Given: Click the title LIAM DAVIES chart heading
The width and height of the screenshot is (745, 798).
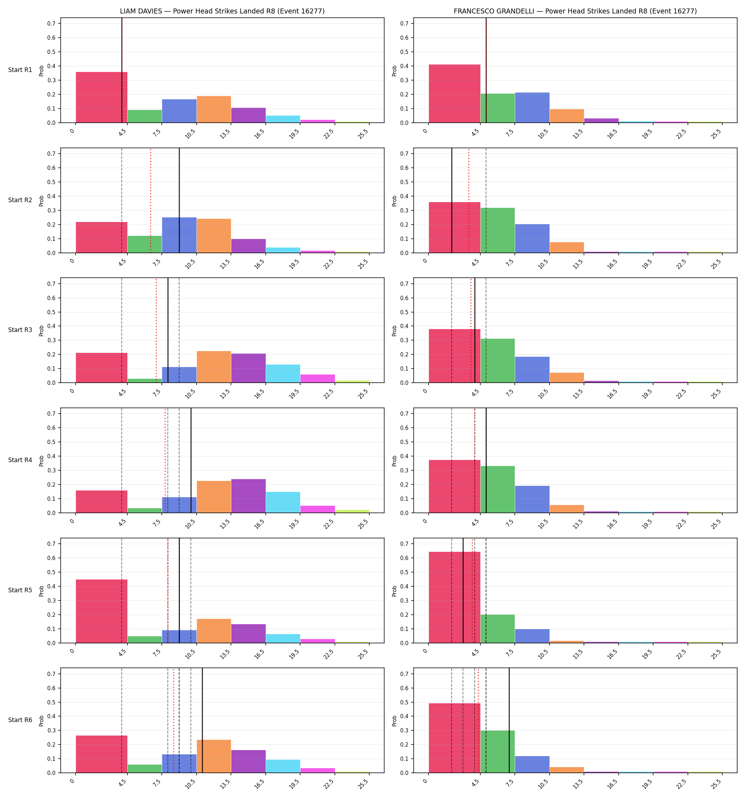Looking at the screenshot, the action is point(222,11).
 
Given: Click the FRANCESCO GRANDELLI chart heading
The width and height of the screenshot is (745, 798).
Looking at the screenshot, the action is point(575,11).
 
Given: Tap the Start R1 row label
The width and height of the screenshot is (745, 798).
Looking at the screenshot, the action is point(20,70).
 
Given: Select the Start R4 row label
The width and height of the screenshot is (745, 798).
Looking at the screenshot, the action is point(20,460).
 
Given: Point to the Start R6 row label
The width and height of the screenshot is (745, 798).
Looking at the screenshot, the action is point(20,720).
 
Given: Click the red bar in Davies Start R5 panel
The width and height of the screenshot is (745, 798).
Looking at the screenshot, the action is point(101,611).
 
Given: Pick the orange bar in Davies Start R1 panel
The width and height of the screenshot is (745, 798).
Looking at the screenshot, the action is point(214,109).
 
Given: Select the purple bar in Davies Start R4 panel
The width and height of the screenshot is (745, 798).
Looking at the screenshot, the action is point(248,496).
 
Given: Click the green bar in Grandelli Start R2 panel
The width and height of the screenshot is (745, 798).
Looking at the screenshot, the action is point(498,231).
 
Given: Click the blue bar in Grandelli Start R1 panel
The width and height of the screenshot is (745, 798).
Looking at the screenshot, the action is point(532,107).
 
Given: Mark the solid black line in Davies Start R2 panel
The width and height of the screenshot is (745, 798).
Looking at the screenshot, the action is point(179,200).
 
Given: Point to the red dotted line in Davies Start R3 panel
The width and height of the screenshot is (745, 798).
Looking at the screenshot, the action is point(156,330).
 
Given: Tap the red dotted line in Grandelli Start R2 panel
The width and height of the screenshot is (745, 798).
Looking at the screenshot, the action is point(469,200).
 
